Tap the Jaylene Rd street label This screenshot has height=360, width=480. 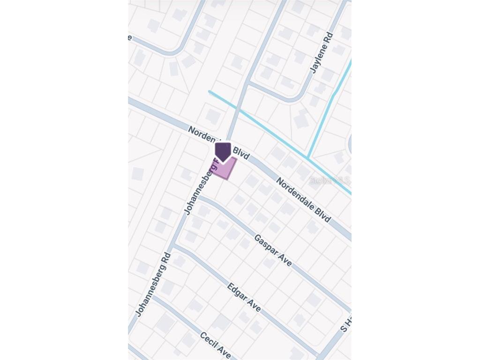pos(322,52)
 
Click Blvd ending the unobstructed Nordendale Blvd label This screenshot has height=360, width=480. pos(323,216)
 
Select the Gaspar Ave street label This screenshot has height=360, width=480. pos(273,250)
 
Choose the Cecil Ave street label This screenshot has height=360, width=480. pos(216,345)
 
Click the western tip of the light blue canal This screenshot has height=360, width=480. pos(210,92)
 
